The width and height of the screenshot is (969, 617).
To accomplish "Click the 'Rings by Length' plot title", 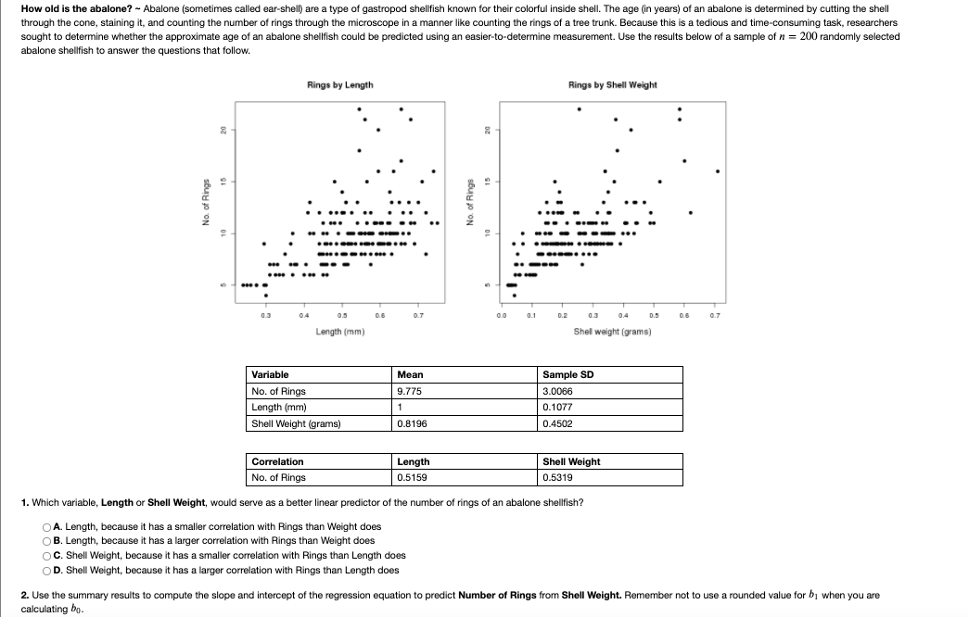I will click(339, 85).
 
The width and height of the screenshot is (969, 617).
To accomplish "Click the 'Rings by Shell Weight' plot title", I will click(612, 85).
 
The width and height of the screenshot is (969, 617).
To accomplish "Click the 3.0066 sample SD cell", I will click(558, 391).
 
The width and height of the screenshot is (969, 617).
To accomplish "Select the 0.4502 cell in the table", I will click(558, 423).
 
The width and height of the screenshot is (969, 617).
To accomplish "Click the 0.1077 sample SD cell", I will click(558, 408).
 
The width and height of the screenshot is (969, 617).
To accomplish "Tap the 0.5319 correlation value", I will click(558, 478).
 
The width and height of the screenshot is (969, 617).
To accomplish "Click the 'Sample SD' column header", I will click(567, 374).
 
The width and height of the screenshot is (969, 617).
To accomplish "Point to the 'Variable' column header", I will click(270, 374).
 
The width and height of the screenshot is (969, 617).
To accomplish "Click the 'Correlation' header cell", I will click(277, 461).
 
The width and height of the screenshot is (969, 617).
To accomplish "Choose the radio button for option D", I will click(45, 571).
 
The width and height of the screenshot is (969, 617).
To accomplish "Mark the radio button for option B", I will click(45, 541).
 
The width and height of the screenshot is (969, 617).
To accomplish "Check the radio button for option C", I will click(45, 556).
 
